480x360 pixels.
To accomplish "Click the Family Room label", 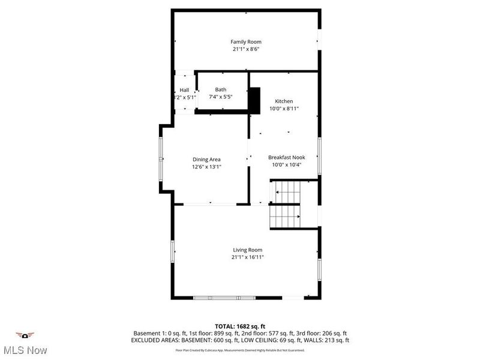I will [246, 41].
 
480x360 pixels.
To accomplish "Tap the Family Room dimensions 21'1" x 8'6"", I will [246, 49].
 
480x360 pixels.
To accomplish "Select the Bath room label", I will [221, 89].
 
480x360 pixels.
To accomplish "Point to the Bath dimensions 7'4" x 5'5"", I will [220, 97].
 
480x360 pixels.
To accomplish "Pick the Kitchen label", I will [284, 101].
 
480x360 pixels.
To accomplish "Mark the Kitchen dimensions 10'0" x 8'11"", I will [284, 109].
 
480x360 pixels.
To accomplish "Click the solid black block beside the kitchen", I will [254, 100].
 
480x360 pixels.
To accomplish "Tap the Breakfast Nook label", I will [286, 157].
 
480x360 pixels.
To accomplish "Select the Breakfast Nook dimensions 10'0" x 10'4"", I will [286, 165].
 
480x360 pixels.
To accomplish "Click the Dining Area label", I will [206, 159].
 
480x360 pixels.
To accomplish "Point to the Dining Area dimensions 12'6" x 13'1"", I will [206, 167].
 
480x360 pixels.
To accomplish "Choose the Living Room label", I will [248, 250].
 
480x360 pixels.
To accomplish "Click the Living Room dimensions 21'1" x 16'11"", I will [248, 257].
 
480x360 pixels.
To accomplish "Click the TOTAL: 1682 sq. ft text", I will [239, 325].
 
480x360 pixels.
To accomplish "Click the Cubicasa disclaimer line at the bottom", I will [239, 349].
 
